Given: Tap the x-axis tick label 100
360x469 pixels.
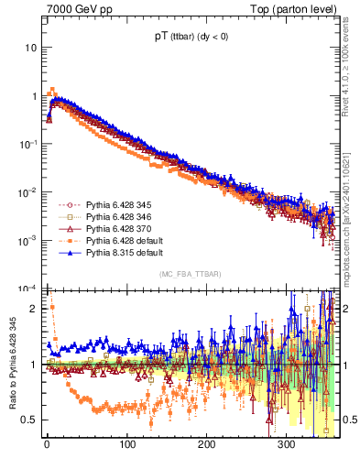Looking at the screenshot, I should coord(127,447).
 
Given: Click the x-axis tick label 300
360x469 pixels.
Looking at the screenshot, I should coord(289,447).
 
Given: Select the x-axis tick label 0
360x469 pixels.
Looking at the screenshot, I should coord(47,447).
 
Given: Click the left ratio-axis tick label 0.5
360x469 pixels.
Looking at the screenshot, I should coord(28,420).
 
